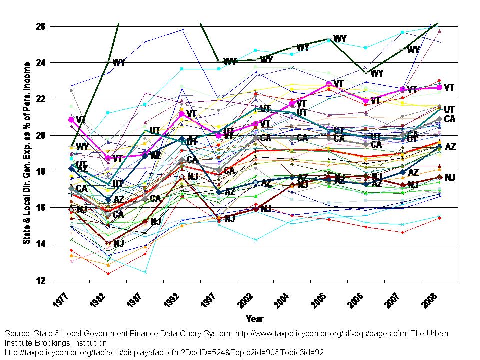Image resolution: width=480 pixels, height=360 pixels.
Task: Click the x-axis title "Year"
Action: (254, 319)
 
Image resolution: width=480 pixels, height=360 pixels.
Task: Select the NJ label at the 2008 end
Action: (450, 177)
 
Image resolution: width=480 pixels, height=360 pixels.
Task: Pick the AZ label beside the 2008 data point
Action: (450, 147)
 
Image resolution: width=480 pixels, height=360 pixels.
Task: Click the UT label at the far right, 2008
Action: (449, 109)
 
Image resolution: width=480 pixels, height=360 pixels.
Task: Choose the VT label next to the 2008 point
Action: (449, 87)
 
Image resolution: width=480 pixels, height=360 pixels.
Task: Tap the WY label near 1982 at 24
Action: (119, 62)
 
